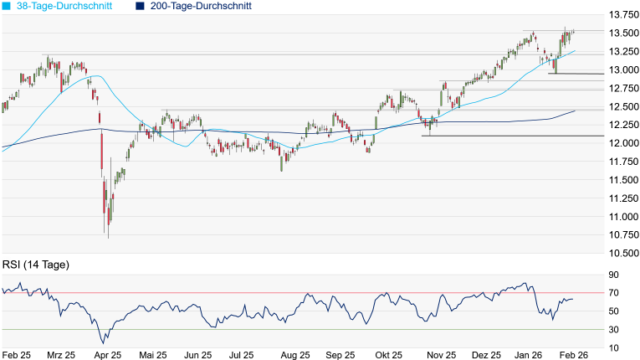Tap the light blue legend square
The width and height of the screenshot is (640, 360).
7,6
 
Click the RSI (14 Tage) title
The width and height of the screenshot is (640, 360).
36,265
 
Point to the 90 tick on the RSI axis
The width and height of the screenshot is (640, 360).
613,275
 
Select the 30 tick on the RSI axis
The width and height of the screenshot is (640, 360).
613,329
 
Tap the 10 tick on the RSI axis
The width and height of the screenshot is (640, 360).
613,347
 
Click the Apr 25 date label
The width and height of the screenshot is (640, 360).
107,355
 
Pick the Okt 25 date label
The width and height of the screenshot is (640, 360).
387,355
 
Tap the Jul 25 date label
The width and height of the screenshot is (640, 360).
243,355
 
